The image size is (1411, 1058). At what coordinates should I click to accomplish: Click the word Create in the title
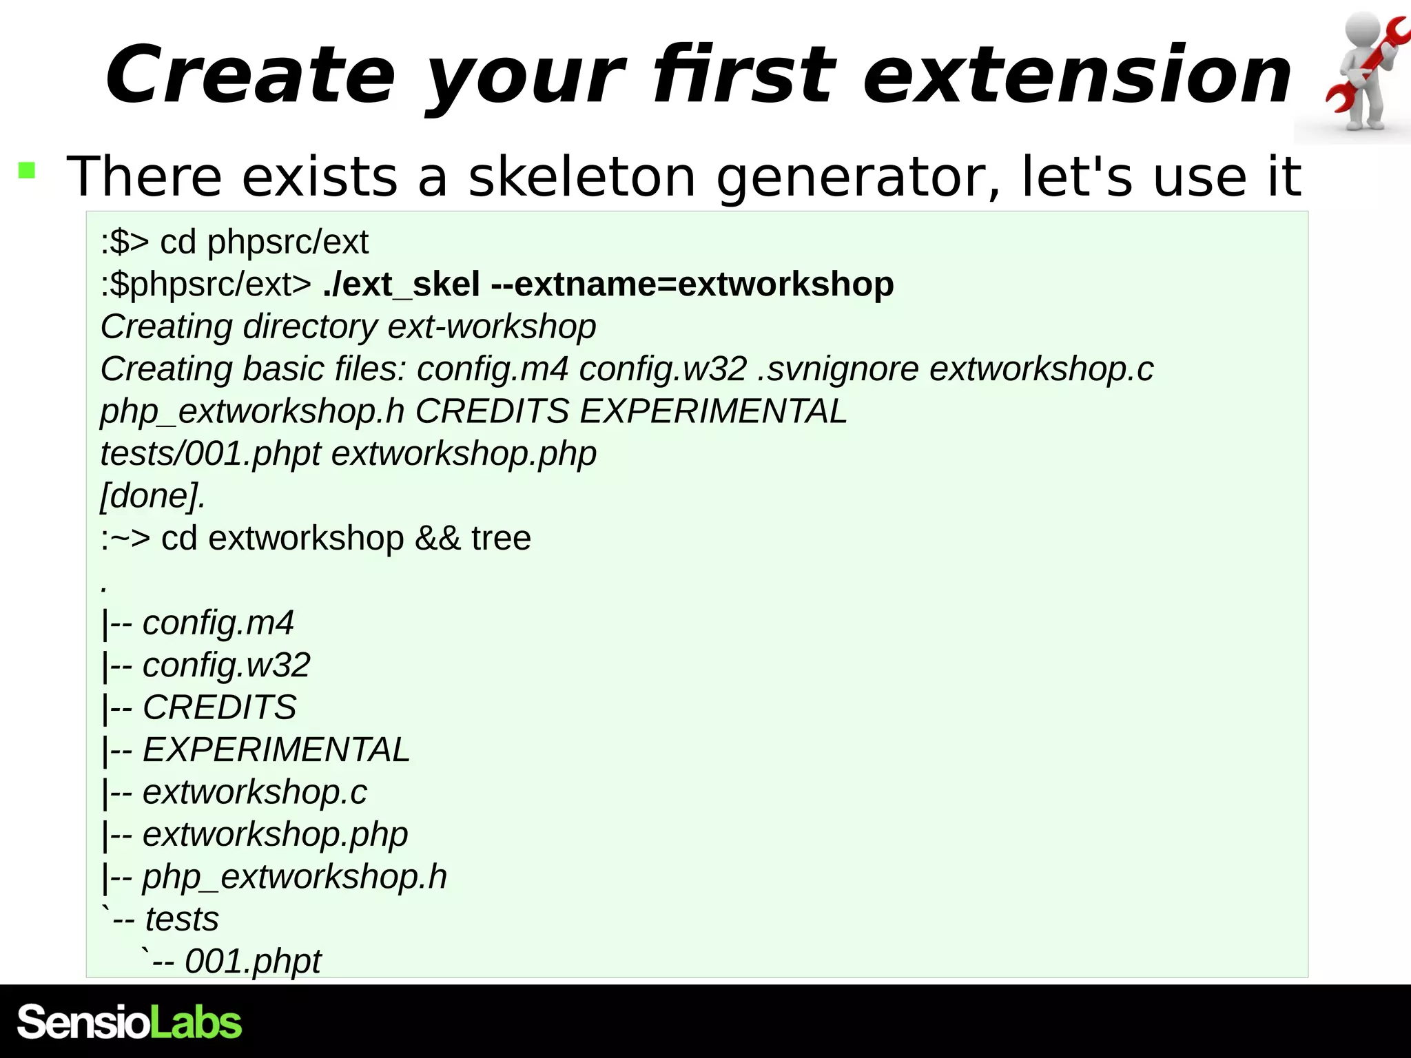tap(250, 74)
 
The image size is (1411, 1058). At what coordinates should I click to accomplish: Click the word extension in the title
tap(1077, 74)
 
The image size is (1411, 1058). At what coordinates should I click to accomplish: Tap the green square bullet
tap(27, 170)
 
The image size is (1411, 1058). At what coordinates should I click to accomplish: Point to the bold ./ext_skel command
tap(401, 284)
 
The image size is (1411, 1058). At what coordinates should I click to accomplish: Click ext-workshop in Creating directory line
tap(491, 326)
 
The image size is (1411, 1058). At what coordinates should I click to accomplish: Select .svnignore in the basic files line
tap(838, 369)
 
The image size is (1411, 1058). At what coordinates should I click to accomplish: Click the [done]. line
tap(152, 496)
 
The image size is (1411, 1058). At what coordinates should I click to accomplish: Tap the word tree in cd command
tap(501, 538)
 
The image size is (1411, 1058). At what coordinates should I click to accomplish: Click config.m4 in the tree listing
tap(218, 623)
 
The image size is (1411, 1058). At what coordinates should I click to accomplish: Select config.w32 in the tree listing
tap(226, 665)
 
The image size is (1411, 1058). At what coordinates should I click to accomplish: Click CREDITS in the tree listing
tap(219, 707)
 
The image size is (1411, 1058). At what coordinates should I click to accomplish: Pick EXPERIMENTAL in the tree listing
tap(276, 750)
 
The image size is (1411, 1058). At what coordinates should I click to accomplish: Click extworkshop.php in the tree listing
tap(275, 835)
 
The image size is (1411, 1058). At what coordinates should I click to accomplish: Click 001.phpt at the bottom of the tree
tap(252, 962)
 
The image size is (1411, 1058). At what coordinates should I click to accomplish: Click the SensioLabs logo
tap(130, 1022)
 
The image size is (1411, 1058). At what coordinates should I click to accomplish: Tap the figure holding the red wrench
tap(1363, 72)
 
